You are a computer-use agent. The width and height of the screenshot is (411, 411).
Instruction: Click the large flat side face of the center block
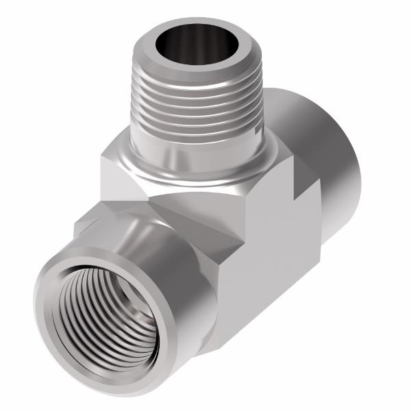tap(274, 267)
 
